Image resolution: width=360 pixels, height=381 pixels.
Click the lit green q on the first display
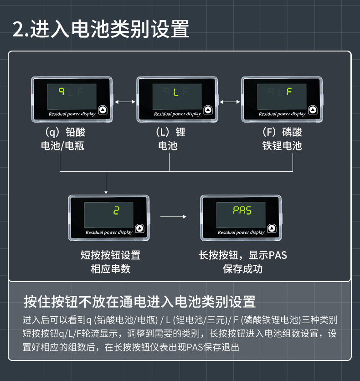62,91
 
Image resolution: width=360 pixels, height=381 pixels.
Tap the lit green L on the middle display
176,92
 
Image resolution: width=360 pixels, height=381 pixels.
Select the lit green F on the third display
289,91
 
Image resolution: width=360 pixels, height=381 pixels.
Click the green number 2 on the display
116,211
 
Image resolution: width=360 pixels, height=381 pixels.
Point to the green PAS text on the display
242,210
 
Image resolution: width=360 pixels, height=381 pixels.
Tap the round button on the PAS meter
272,228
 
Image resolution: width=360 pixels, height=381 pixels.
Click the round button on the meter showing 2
140,228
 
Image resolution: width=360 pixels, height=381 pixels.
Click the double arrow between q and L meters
125,102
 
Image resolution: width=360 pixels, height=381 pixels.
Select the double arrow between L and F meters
230,102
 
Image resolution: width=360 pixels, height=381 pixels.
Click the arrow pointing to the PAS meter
174,216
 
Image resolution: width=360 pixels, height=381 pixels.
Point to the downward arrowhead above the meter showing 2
106,192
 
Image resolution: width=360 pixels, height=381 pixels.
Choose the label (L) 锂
170,132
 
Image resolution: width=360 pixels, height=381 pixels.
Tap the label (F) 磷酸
282,132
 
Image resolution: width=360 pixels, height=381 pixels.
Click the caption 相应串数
111,269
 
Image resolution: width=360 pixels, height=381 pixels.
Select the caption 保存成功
243,269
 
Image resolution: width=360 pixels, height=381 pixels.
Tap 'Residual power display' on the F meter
282,114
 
